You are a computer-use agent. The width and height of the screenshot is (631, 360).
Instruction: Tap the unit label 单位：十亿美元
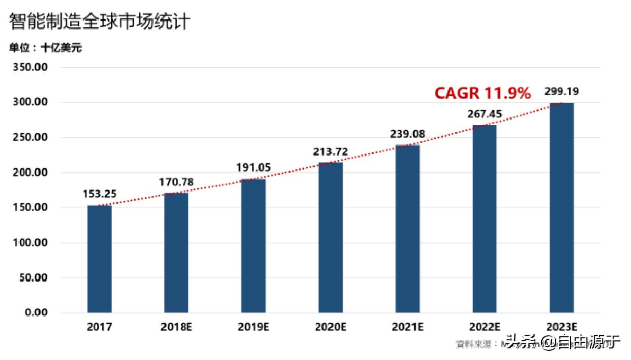point(45,48)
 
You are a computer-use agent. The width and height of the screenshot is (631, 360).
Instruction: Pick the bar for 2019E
point(253,246)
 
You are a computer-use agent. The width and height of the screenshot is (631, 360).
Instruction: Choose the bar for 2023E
point(562,208)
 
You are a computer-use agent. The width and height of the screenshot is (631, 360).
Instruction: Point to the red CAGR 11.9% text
point(483,93)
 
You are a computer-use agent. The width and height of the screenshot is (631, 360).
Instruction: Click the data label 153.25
point(99,194)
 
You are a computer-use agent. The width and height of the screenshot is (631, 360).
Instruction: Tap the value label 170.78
point(176,182)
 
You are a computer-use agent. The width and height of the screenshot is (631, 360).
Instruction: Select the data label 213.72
point(330,152)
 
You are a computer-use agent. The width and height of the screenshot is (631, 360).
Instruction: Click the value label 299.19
point(562,92)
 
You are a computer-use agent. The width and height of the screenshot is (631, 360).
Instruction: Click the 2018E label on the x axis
point(176,327)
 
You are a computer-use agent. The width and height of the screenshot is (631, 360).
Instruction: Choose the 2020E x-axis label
point(330,327)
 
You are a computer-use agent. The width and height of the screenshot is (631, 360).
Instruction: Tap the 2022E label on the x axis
point(485,327)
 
